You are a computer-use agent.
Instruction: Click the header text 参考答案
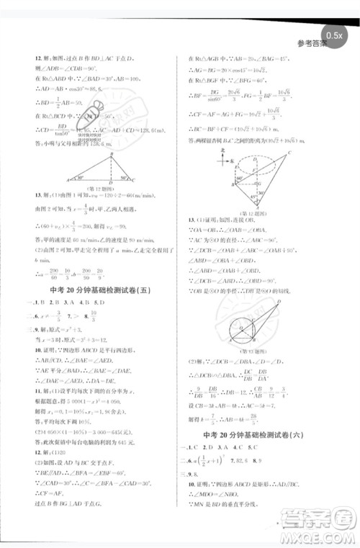(311, 44)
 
